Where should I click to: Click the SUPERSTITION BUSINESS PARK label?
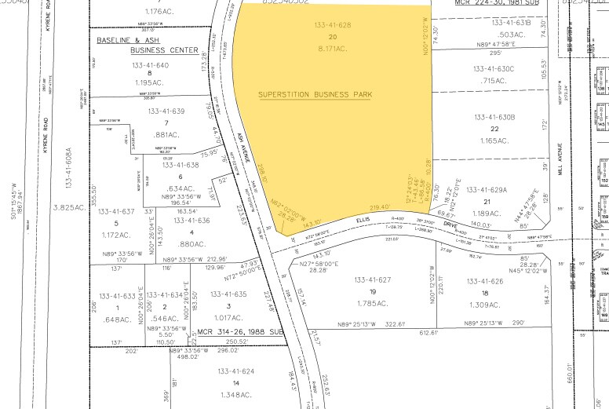click(315, 94)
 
